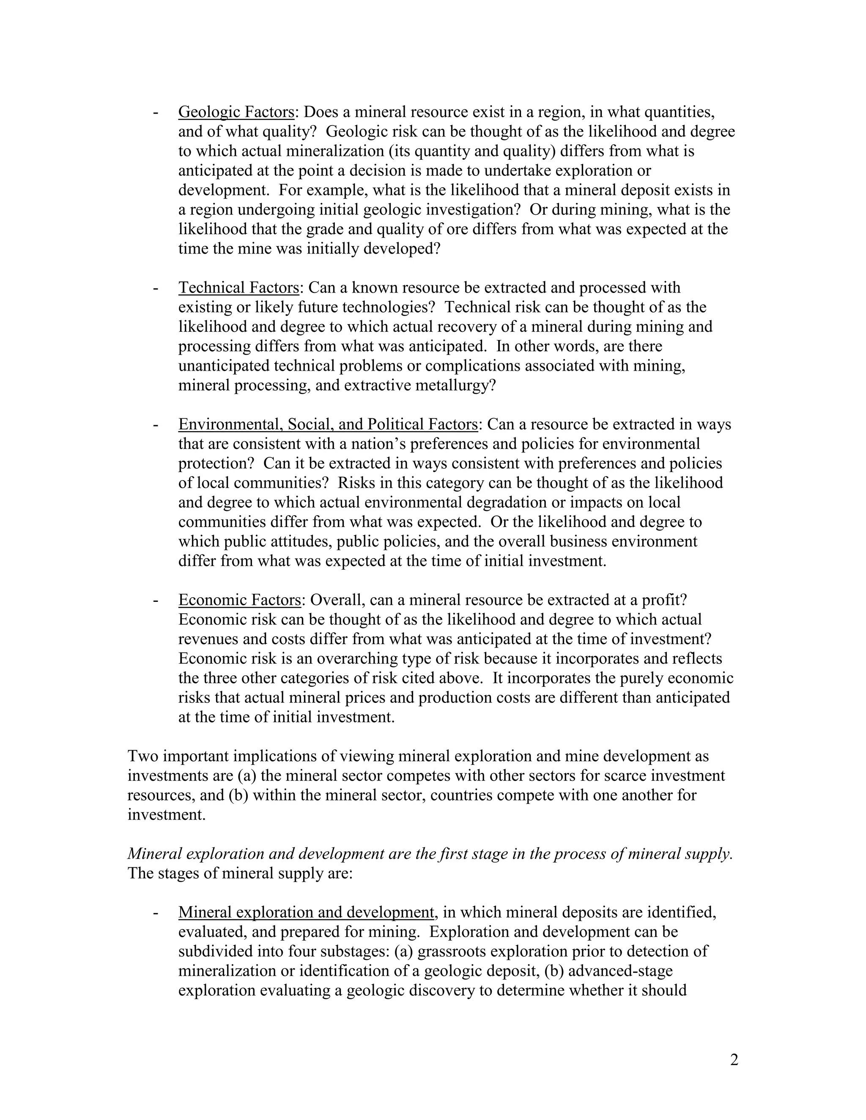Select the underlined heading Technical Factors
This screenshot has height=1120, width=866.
coord(238,288)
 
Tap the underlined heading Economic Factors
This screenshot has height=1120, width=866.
coord(240,600)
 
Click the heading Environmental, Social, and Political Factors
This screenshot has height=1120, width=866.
coord(328,425)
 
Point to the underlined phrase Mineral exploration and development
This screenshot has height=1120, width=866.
coord(306,912)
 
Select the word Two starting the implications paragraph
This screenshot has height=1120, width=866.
coord(143,757)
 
